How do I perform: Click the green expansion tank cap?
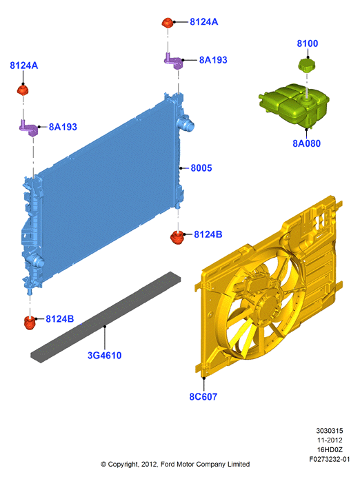click(306, 65)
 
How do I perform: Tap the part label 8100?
click(308, 43)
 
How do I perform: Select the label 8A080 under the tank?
click(306, 143)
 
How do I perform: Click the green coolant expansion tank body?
click(294, 105)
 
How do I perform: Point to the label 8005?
click(201, 168)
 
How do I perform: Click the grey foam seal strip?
click(106, 317)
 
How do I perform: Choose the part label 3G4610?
click(105, 355)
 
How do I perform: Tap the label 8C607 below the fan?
click(203, 396)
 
